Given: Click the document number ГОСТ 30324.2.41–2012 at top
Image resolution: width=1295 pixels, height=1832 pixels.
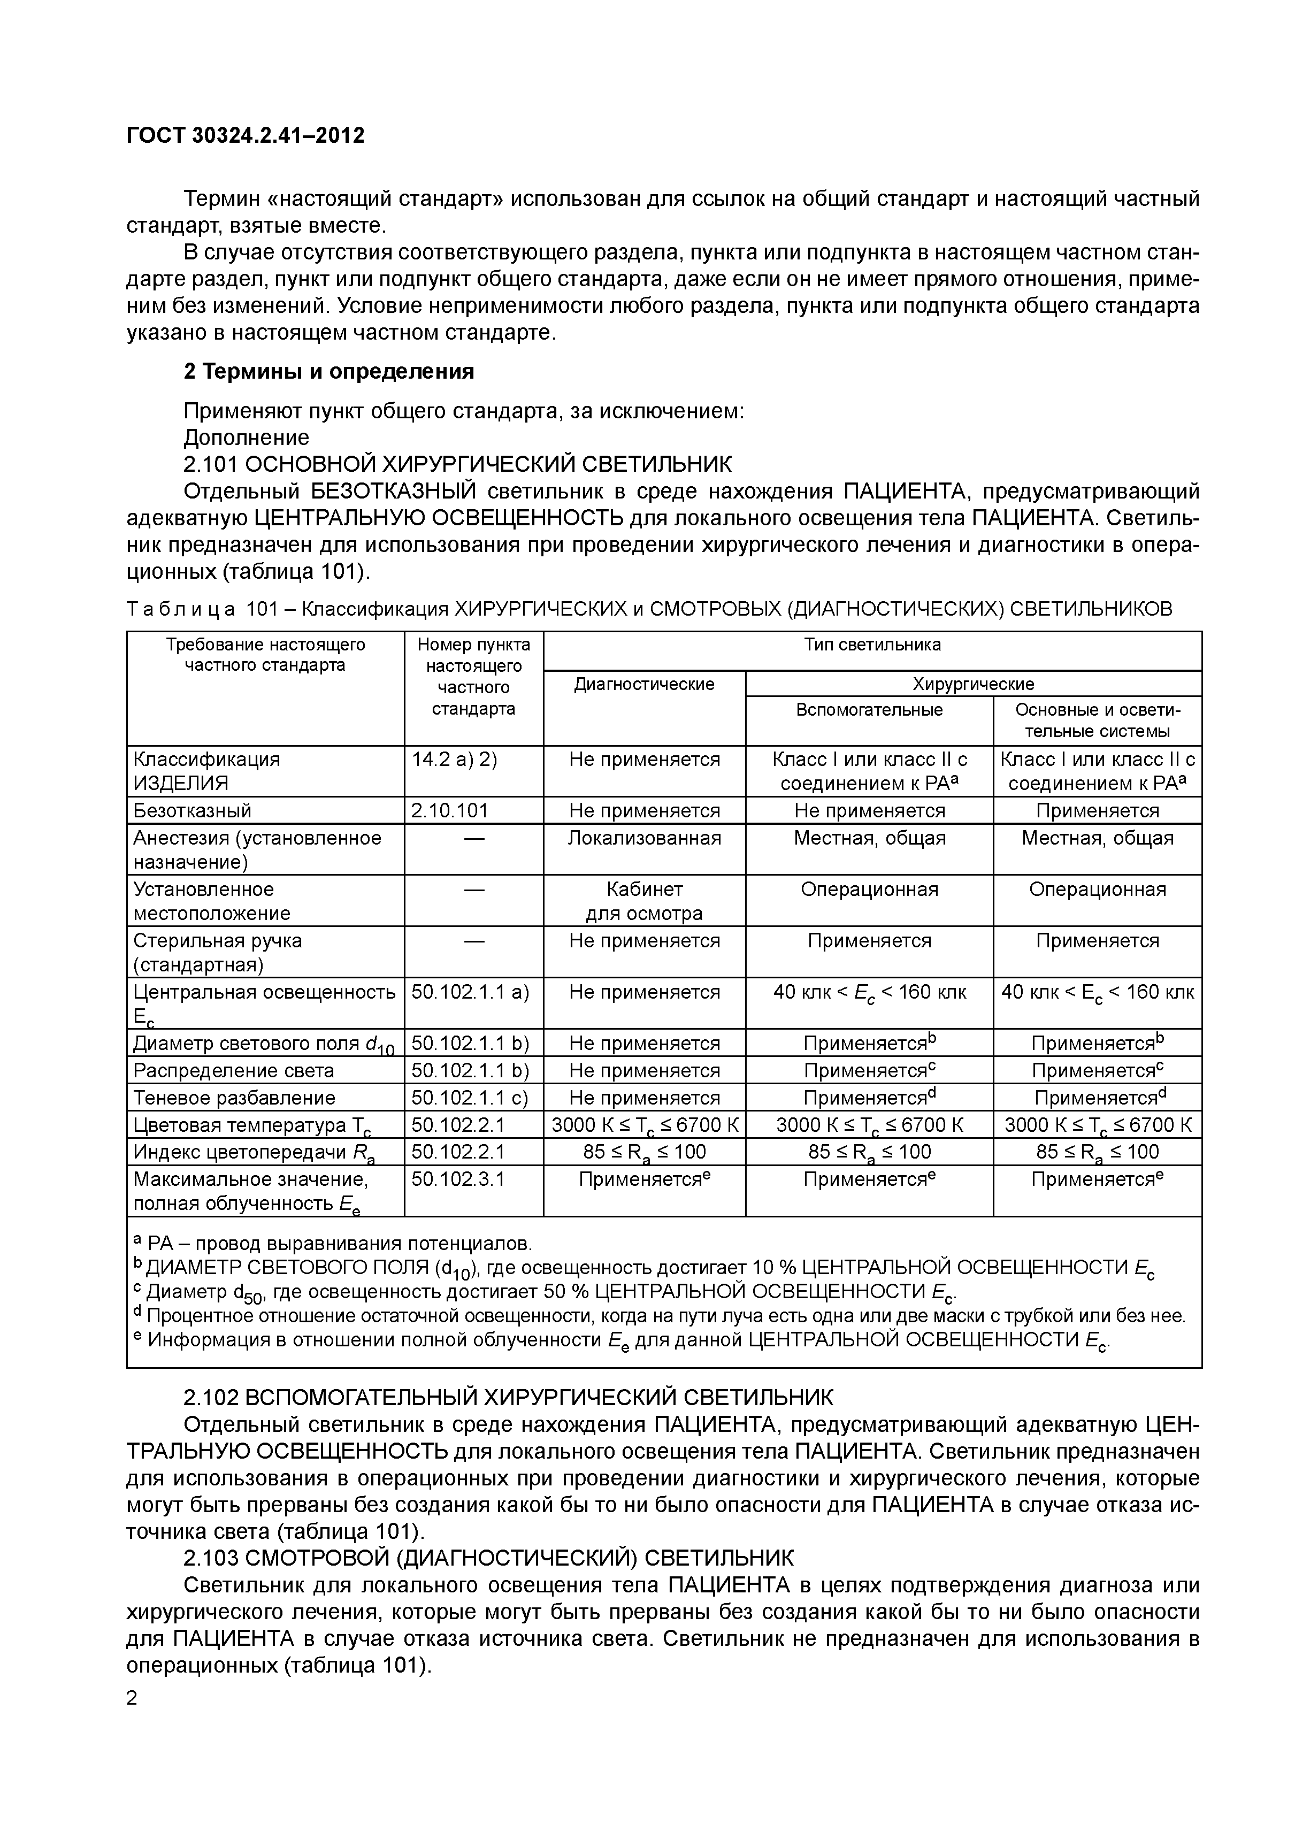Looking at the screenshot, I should click(245, 136).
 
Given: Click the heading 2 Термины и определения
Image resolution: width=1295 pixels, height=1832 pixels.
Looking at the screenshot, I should click(329, 371).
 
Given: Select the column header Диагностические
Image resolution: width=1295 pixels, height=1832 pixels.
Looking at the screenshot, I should click(644, 684).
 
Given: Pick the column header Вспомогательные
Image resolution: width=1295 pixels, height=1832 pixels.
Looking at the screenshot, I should click(869, 709).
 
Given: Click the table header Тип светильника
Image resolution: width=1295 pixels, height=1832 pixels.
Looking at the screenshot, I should click(872, 645).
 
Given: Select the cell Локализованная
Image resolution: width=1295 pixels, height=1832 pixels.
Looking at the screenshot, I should click(644, 838).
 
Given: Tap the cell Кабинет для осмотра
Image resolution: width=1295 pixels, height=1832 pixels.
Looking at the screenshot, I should click(644, 901).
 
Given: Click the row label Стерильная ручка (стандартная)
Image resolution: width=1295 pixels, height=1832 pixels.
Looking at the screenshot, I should click(218, 952).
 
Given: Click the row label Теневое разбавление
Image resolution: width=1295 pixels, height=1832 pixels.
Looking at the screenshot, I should click(234, 1097).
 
